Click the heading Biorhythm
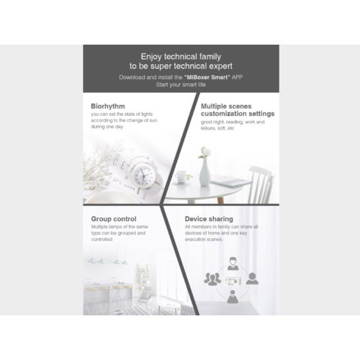pyautogui.click(x=108, y=107)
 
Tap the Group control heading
pyautogui.click(x=114, y=219)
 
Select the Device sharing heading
pyautogui.click(x=209, y=219)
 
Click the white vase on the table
pyautogui.click(x=204, y=172)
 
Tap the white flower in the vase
pyautogui.click(x=205, y=151)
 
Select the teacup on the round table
pyautogui.click(x=181, y=176)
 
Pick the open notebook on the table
pyautogui.click(x=231, y=181)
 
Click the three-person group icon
pyautogui.click(x=212, y=279)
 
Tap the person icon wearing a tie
pyautogui.click(x=233, y=264)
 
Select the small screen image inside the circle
pyautogui.click(x=233, y=281)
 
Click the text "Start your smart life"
pyautogui.click(x=181, y=85)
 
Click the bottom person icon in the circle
pyautogui.click(x=233, y=297)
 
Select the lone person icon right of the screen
pyautogui.click(x=252, y=279)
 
